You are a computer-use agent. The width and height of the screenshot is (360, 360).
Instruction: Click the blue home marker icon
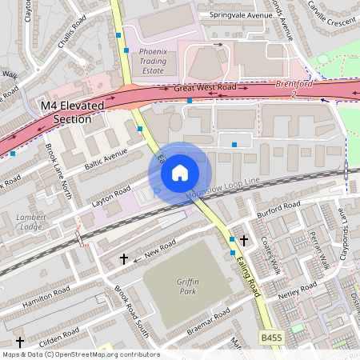pos(180,172)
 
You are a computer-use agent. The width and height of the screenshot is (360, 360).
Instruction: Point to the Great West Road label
pos(205,87)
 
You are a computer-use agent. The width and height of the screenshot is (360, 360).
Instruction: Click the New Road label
pos(149,253)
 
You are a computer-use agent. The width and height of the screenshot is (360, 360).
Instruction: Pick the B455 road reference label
pos(273,339)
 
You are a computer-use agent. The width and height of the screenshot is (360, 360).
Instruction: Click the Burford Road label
pos(278,210)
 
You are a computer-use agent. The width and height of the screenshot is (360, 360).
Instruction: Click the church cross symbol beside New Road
pos(124,259)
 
